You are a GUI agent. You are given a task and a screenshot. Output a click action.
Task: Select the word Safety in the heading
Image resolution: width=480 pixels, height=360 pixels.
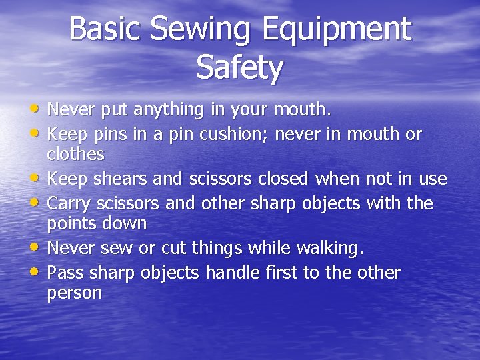click(240, 67)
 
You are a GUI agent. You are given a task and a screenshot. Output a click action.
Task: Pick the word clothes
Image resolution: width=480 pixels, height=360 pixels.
click(75, 154)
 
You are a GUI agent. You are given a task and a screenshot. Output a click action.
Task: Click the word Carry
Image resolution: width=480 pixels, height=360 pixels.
click(71, 203)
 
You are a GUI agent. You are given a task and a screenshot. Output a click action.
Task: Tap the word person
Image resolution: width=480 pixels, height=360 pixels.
click(75, 293)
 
